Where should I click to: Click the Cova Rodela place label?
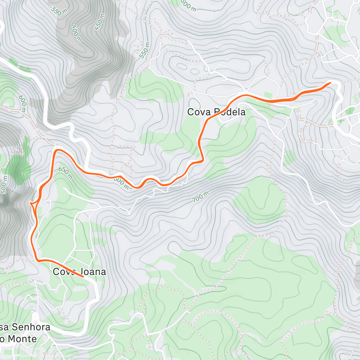pos(216,112)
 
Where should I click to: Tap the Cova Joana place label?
pos(79,272)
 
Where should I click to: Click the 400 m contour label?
pos(76,33)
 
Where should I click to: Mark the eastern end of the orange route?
pos(330,82)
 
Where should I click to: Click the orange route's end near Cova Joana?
pos(83,276)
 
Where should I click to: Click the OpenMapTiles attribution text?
pos(30,356)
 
